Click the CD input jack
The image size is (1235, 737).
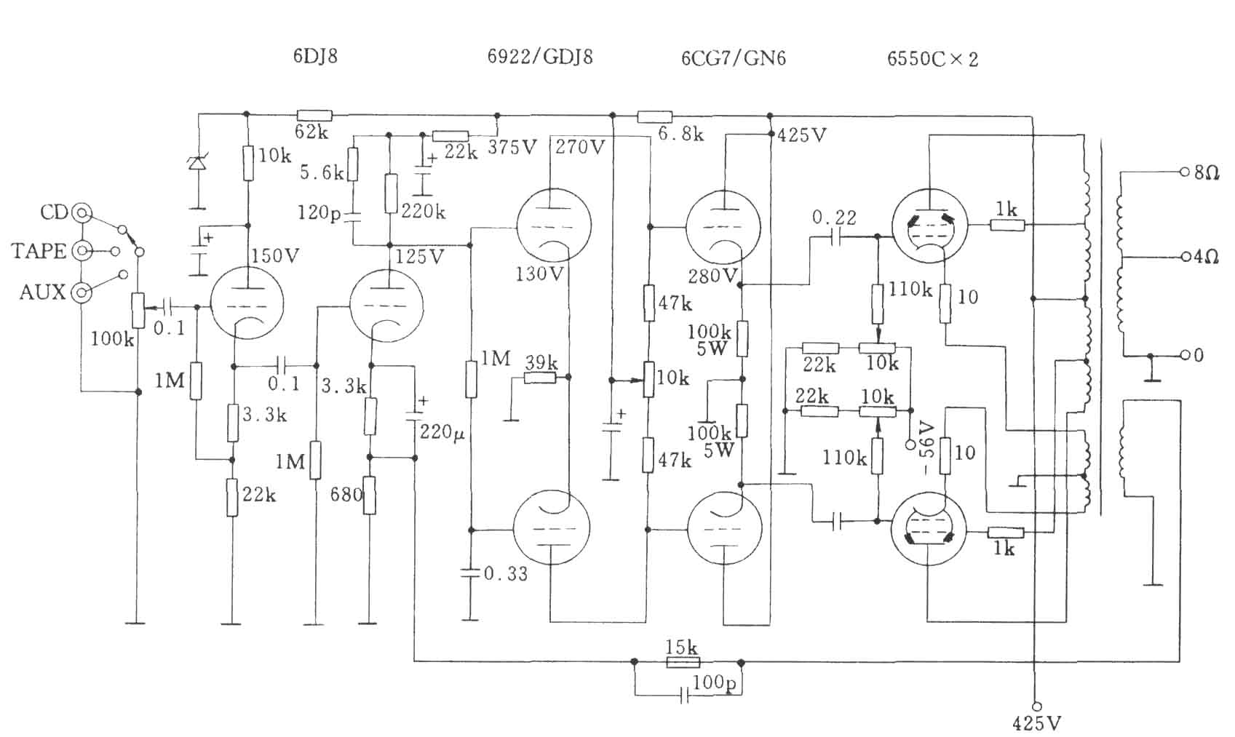(82, 212)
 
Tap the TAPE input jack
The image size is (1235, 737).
(82, 251)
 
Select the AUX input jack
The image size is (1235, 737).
(82, 292)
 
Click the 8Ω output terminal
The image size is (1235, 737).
(1184, 172)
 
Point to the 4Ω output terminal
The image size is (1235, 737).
(1184, 257)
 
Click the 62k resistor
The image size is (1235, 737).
(314, 115)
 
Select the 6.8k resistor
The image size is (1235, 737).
(655, 116)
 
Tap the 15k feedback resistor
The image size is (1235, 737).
(683, 662)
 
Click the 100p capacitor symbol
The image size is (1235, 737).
(684, 695)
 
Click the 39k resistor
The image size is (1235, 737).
(540, 378)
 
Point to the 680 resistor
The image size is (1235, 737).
(370, 495)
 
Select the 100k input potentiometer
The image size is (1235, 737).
(138, 311)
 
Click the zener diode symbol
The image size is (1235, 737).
(196, 163)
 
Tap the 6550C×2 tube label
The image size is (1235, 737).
(933, 59)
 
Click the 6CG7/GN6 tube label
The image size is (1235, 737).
(734, 58)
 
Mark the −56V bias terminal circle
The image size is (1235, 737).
(910, 445)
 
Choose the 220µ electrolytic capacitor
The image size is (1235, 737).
(415, 415)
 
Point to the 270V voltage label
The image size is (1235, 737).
(580, 147)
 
